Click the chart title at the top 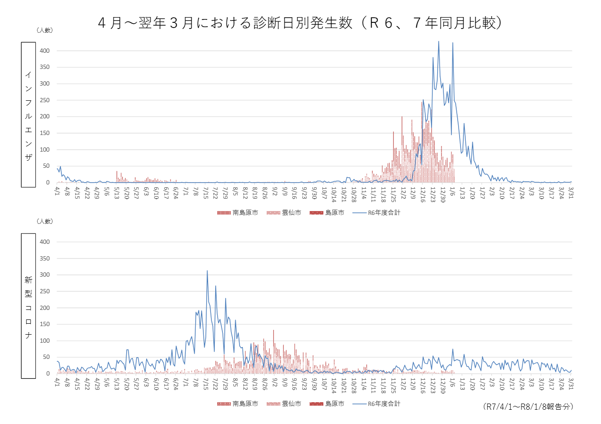coord(300,23)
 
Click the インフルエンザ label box coord(29,114)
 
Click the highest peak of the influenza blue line coord(439,41)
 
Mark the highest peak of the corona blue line coord(207,271)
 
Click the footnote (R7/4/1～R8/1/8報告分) coord(528,407)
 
